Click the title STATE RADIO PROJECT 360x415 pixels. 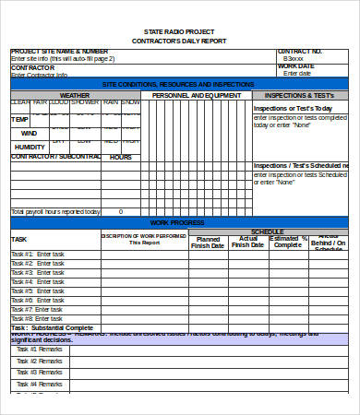[179, 32]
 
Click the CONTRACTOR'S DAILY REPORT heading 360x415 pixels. [179, 42]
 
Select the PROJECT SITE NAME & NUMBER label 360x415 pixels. [54, 52]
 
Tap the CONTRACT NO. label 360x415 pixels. [300, 52]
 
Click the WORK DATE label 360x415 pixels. [296, 65]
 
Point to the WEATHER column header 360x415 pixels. [75, 94]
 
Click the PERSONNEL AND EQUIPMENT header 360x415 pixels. [197, 94]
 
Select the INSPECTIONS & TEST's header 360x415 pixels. [300, 94]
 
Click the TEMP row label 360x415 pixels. [19, 119]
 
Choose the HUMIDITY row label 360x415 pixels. [30, 147]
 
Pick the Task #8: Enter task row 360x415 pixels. [39, 318]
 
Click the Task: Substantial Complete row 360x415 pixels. [53, 327]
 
